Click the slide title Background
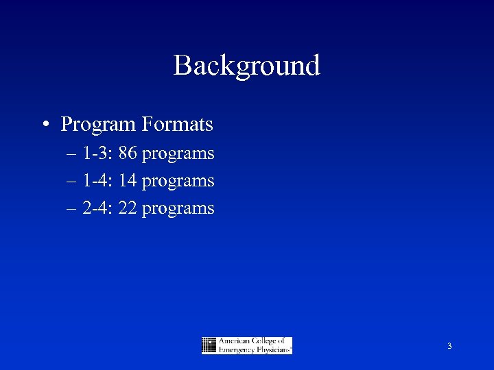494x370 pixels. [247, 66]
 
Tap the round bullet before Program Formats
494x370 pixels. [44, 125]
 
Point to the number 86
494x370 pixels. [128, 153]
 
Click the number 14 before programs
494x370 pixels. [128, 181]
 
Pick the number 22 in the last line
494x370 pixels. [128, 208]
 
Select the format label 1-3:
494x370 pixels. [97, 153]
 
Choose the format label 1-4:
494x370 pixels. [97, 181]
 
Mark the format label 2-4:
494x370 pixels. [97, 208]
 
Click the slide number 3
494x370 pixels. [449, 347]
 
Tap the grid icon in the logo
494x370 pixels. [209, 345]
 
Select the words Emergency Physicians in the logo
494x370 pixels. [254, 349]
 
